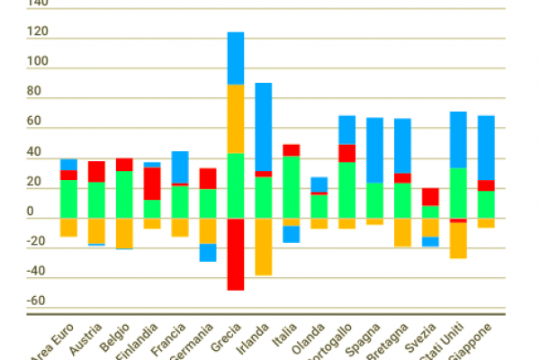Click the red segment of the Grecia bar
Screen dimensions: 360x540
236,254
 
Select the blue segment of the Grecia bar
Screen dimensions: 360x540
236,58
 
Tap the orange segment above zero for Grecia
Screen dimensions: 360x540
236,119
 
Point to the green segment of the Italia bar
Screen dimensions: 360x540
291,186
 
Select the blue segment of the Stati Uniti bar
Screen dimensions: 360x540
458,139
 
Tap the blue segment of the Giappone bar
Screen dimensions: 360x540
486,148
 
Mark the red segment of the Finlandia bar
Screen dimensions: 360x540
152,184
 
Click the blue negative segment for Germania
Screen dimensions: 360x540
208,253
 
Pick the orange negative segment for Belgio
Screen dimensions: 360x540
124,233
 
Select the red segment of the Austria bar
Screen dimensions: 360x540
96,172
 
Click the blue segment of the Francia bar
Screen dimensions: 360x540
180,166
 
